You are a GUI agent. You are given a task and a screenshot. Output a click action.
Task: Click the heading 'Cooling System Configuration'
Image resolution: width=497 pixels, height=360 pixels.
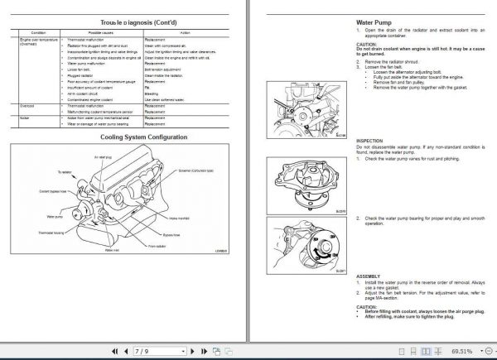(x=131, y=137)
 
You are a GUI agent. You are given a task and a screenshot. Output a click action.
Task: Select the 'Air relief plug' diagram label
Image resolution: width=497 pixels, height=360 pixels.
(x=103, y=156)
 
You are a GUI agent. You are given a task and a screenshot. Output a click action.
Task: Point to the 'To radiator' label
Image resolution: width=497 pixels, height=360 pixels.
(x=65, y=172)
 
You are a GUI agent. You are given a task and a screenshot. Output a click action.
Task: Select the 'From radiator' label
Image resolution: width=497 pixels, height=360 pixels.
(x=156, y=247)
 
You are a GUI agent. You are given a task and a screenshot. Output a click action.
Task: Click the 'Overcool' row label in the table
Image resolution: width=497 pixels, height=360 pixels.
(x=27, y=105)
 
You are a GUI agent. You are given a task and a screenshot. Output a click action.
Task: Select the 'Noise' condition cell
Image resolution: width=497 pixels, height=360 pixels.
(x=25, y=118)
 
